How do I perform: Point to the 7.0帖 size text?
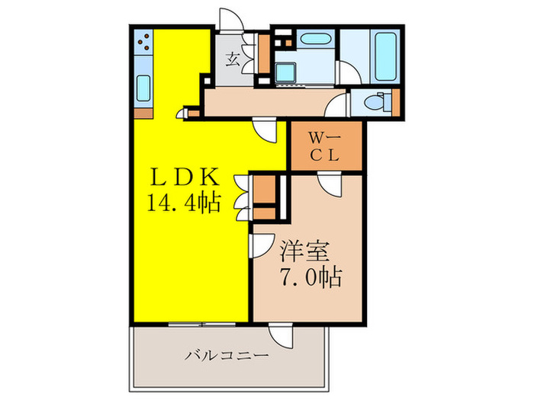310,274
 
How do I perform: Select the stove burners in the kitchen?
143,43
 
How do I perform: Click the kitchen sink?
143,89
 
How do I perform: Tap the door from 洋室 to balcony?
276,336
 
